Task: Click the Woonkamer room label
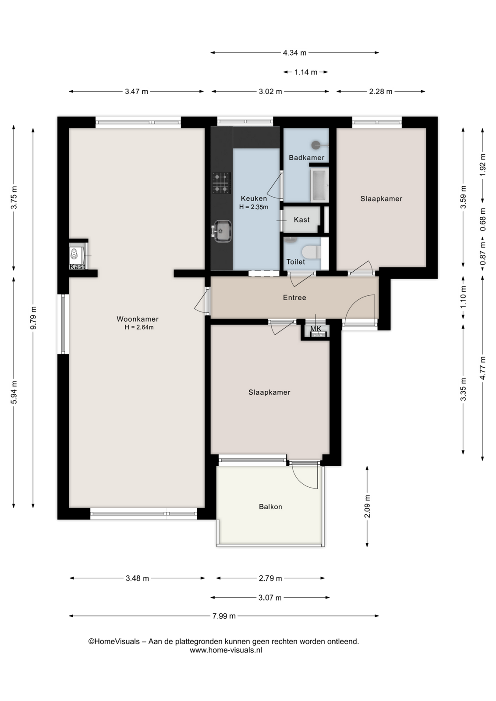(x=138, y=319)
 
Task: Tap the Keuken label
(x=254, y=198)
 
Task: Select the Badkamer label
(x=306, y=157)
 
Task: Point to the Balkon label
(x=270, y=506)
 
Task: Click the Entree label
(x=294, y=297)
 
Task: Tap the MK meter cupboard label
(x=316, y=329)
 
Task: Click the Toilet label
(x=296, y=262)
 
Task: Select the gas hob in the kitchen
(x=222, y=183)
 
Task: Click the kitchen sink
(x=222, y=231)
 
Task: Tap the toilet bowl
(x=312, y=252)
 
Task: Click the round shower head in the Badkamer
(x=316, y=145)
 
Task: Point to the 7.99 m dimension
(x=224, y=616)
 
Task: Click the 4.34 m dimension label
(x=294, y=53)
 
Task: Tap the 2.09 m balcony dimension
(x=367, y=506)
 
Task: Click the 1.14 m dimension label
(x=306, y=72)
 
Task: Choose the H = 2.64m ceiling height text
(x=139, y=328)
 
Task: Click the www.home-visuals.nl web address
(x=226, y=650)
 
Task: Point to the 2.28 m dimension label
(x=380, y=92)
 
